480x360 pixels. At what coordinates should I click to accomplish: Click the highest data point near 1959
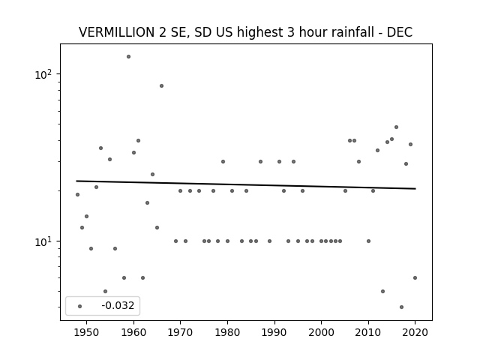(128, 57)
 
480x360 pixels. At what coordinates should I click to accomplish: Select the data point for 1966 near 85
(162, 86)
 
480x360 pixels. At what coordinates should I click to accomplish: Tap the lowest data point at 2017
(402, 307)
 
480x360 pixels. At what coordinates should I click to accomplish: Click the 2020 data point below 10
(415, 278)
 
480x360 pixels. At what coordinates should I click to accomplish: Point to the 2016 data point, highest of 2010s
(397, 127)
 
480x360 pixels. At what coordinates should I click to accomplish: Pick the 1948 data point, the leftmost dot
(77, 195)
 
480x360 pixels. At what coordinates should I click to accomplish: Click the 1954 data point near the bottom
(105, 292)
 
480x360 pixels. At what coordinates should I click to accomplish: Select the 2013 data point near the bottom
(382, 292)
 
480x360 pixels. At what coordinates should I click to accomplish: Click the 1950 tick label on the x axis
(87, 332)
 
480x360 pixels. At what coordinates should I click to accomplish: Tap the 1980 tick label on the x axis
(227, 332)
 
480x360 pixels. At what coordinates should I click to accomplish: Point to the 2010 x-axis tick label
(368, 332)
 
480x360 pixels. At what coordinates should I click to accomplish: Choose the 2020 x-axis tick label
(415, 332)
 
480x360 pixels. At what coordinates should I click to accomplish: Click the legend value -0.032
(118, 305)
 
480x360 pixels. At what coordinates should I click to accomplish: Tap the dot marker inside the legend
(80, 307)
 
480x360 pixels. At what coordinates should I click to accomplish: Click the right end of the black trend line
(415, 188)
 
